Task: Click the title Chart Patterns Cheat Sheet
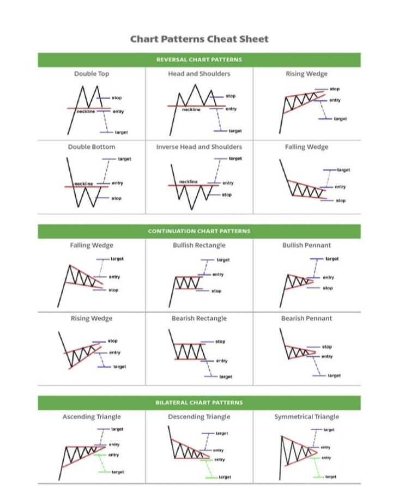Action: point(199,39)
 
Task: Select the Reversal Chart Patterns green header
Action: point(199,59)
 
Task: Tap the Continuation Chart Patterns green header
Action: point(199,231)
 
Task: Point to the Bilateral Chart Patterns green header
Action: point(199,403)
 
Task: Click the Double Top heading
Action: point(92,74)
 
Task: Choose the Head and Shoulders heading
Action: point(199,74)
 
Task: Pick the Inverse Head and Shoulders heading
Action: point(199,147)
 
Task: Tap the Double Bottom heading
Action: point(92,147)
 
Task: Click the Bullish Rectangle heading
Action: point(199,245)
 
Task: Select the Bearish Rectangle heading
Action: point(199,318)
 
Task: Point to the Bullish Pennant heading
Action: point(306,245)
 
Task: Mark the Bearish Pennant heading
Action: point(306,318)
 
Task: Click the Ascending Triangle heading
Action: point(92,417)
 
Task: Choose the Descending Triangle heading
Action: point(199,417)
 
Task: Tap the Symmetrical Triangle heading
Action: point(306,417)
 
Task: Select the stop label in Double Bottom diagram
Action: point(117,198)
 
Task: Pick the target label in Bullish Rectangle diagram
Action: point(223,260)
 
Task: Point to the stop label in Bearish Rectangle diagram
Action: point(220,342)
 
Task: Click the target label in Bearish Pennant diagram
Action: point(334,375)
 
